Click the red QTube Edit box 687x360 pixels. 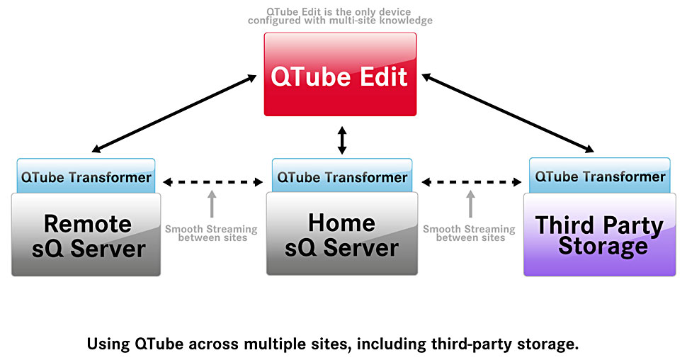[340, 74]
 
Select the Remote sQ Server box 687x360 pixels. [86, 235]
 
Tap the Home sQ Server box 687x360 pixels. [342, 234]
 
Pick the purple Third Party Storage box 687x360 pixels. [599, 235]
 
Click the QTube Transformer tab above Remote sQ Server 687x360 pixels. [86, 176]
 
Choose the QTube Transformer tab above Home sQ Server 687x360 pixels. [342, 176]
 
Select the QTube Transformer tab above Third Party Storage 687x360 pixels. [600, 176]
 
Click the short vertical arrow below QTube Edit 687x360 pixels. [342, 140]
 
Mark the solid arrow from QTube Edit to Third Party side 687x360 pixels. [508, 113]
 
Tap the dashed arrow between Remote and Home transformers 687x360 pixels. [213, 182]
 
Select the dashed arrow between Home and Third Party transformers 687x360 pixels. [472, 182]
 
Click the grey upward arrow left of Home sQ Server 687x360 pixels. [212, 204]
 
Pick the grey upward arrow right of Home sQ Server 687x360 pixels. [470, 204]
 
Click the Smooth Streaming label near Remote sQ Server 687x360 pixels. [211, 233]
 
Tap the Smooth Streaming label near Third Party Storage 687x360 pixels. [470, 233]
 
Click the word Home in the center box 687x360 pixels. [342, 223]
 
